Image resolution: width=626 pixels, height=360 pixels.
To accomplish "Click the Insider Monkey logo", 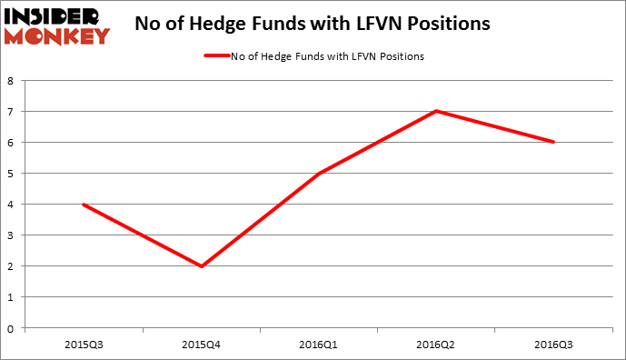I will (56, 25).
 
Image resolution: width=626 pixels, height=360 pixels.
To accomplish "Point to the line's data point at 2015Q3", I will (84, 204).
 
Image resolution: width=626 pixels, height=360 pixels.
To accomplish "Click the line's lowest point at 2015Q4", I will (201, 265).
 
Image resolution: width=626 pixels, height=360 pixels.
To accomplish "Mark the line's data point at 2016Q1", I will (319, 173).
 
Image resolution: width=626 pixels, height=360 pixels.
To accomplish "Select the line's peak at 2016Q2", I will (436, 111).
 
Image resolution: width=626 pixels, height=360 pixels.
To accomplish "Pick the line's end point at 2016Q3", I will (553, 142).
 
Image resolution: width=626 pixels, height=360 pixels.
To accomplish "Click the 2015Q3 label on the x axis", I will (84, 344).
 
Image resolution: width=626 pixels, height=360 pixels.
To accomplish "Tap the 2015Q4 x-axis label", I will (201, 344).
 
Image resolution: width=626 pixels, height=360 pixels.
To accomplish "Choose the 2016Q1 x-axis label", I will (319, 344).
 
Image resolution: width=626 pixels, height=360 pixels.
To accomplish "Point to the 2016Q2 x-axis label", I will (436, 344).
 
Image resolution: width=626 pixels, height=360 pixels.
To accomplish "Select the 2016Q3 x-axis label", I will (553, 344).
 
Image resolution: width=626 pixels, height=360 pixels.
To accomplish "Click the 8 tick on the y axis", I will (10, 80).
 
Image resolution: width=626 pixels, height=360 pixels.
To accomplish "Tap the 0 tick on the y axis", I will (10, 328).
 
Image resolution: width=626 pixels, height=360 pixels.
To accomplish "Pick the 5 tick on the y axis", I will (10, 173).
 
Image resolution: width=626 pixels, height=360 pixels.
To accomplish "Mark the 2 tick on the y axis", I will (10, 266).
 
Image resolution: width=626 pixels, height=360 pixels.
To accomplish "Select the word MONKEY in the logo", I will (56, 36).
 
